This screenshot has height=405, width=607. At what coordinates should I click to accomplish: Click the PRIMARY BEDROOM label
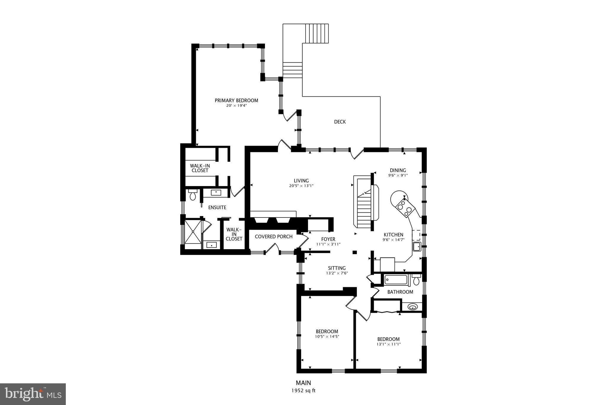[236, 101]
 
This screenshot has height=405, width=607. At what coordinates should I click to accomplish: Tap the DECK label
[340, 122]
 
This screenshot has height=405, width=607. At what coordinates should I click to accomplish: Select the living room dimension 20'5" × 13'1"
[301, 186]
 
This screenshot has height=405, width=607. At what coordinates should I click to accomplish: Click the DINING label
[398, 170]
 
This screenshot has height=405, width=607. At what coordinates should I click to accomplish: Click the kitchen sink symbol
[417, 246]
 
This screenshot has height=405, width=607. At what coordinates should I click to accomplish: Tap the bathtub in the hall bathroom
[396, 280]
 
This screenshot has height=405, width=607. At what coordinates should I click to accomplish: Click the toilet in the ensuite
[193, 196]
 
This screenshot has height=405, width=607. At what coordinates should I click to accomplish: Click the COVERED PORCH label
[274, 237]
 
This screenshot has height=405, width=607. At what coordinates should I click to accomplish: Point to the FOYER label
[328, 239]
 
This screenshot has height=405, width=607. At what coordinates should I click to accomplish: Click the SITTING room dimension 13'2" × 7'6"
[337, 273]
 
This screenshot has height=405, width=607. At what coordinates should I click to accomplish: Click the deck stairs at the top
[317, 34]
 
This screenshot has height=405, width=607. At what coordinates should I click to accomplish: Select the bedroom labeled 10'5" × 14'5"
[327, 332]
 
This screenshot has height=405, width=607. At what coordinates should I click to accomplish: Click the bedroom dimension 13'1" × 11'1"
[388, 344]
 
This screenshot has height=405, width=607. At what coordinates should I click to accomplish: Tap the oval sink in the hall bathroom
[413, 307]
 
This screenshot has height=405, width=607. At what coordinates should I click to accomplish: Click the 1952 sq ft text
[303, 390]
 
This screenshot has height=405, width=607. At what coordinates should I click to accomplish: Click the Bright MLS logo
[33, 394]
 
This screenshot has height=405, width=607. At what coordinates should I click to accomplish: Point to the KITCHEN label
[393, 235]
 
